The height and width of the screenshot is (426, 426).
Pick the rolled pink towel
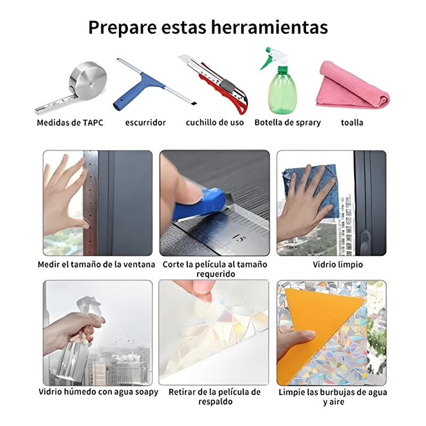353,86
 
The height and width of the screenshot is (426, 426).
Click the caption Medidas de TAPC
70,123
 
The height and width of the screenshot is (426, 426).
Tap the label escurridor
145,123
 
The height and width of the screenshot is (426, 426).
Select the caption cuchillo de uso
215,123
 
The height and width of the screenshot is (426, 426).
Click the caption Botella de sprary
288,123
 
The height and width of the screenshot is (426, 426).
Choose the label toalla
352,123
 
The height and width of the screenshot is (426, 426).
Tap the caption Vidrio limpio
338,264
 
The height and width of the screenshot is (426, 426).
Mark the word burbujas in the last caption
340,392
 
